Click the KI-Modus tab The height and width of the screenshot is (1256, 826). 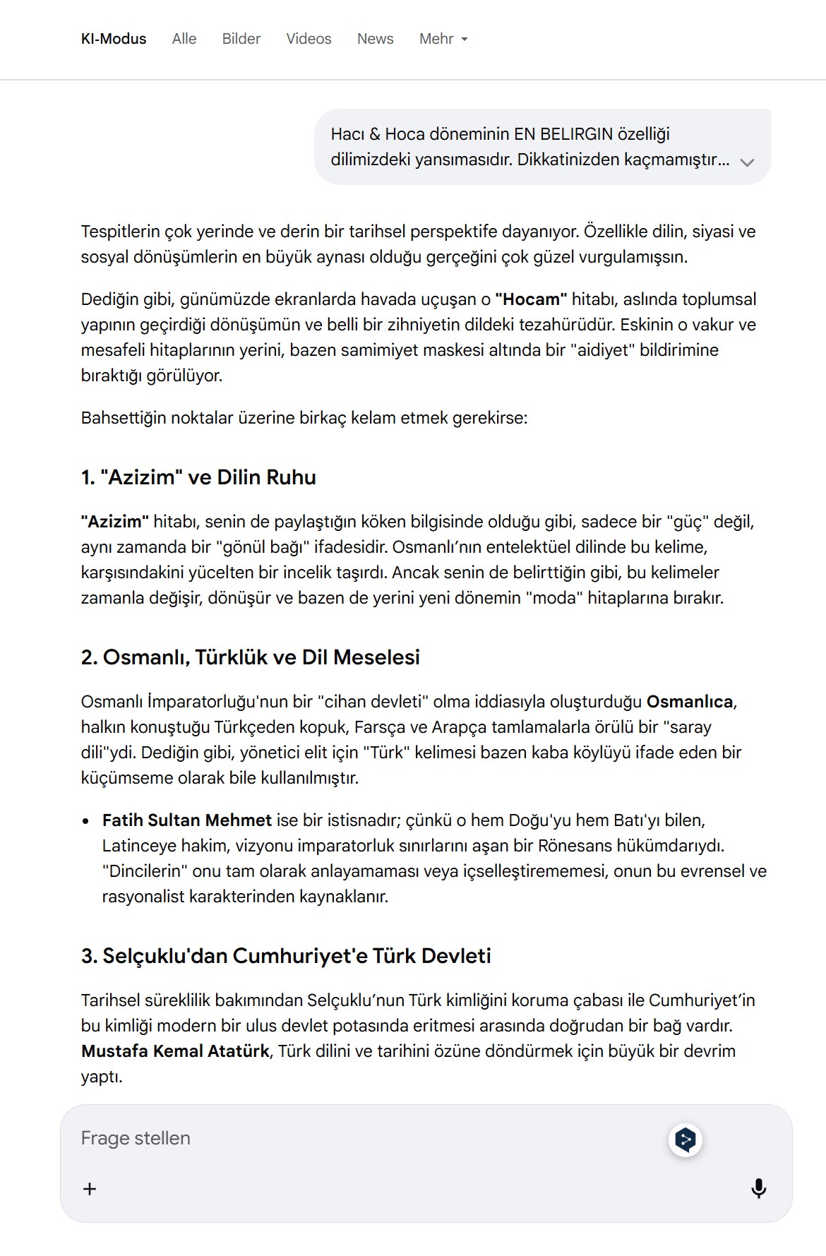[114, 39]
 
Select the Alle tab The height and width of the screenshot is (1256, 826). [184, 39]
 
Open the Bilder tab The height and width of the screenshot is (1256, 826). [241, 39]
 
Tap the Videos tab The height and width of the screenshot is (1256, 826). [309, 39]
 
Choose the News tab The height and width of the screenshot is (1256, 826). [375, 39]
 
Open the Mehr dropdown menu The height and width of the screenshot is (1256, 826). [443, 39]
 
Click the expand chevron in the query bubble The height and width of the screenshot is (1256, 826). [747, 162]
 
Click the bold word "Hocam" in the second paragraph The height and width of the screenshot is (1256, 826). [531, 299]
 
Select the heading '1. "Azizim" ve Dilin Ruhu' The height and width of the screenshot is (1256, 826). [198, 477]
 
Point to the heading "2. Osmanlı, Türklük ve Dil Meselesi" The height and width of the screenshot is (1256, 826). [251, 657]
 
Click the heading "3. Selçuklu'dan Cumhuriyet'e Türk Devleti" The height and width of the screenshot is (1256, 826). [286, 956]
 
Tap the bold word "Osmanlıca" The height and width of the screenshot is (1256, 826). [690, 702]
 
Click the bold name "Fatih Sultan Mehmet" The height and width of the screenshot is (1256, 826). [187, 820]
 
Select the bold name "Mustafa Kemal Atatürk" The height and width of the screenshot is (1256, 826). [175, 1051]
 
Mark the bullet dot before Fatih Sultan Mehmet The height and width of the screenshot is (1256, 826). [86, 821]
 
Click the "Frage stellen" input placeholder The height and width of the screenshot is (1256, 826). [136, 1138]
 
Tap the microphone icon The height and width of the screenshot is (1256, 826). [759, 1188]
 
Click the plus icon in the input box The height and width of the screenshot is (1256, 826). [90, 1189]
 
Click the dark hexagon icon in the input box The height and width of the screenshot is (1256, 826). [685, 1140]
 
